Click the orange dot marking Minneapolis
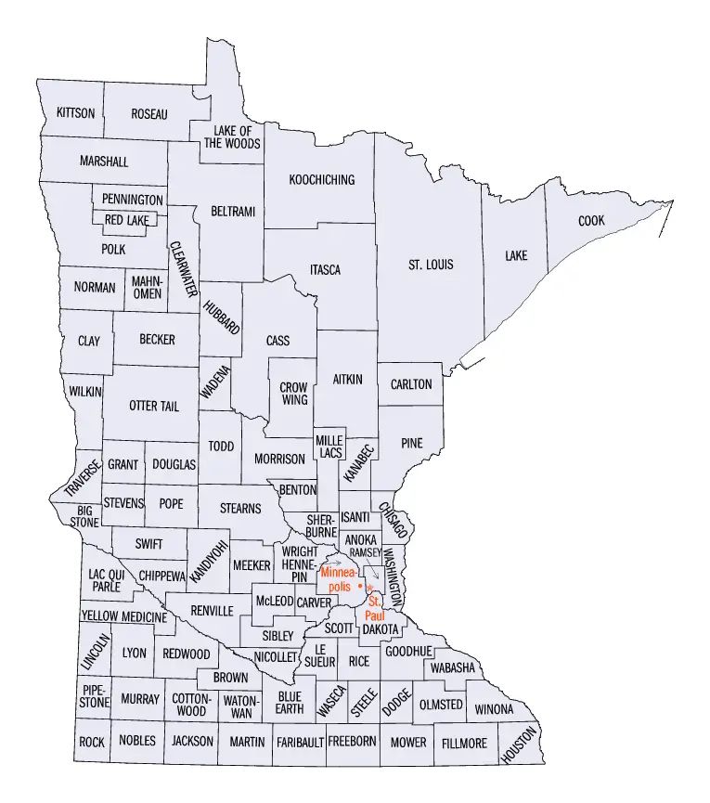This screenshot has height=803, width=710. pos(359,587)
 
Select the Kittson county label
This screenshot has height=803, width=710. pos(75,113)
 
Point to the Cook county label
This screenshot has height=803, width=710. pos(590,222)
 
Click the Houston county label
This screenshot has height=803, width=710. pos(519,745)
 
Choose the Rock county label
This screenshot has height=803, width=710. pos(91,742)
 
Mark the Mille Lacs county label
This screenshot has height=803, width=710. pos(329,447)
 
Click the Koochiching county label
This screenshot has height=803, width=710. pos(321,180)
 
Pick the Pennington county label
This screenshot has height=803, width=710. pos(132,200)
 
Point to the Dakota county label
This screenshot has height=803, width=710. pos(380,629)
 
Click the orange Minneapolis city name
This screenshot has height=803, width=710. pos(340,580)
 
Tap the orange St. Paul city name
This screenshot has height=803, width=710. pos(373,609)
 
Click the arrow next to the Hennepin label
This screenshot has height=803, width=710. pos(331,563)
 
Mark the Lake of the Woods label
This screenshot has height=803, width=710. pos(232,137)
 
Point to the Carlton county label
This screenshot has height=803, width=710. pos(411,384)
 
